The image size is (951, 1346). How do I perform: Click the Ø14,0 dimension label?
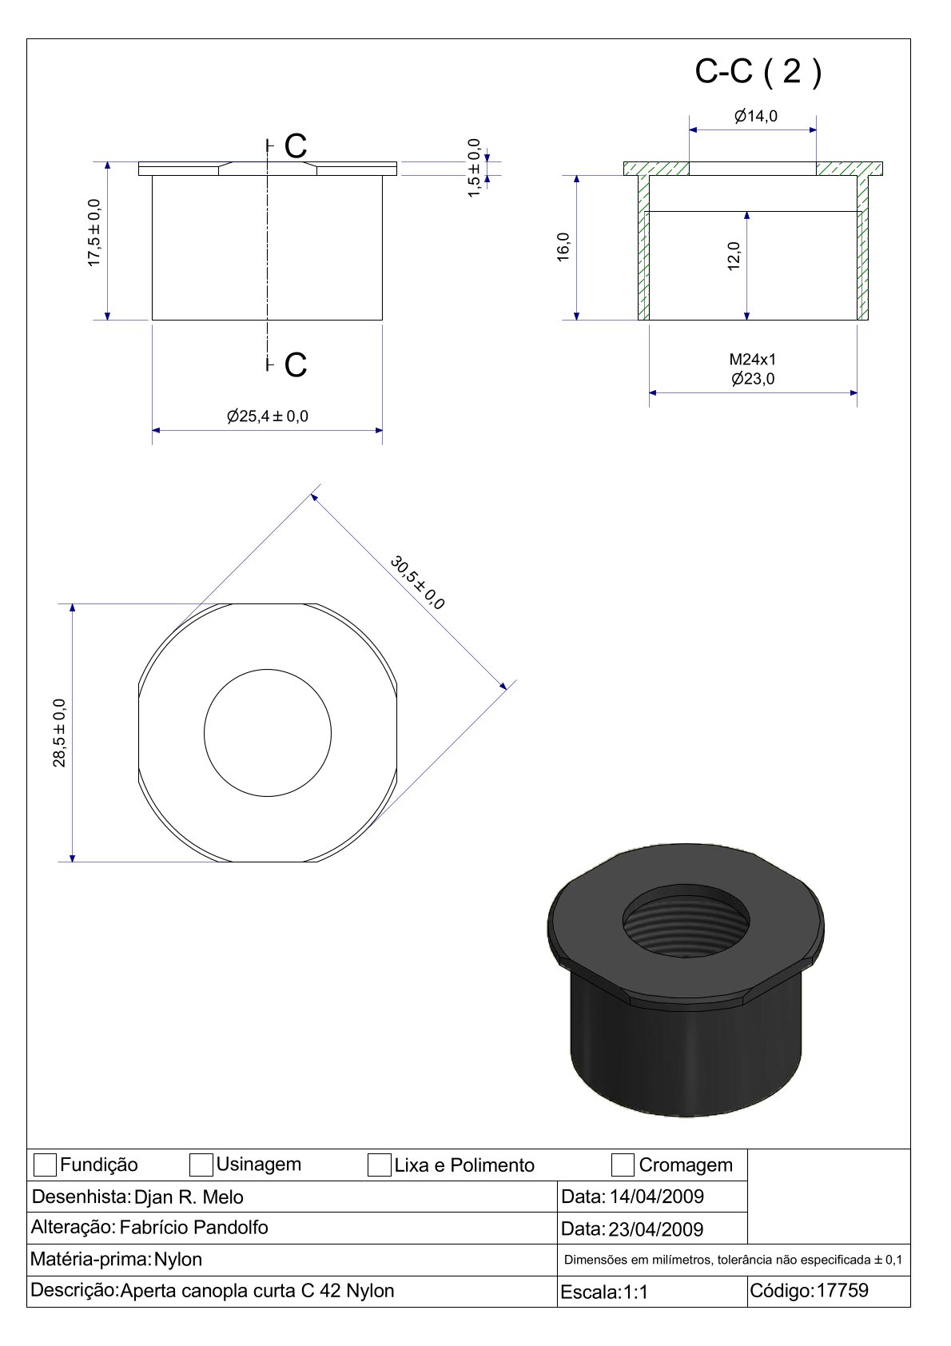click(755, 115)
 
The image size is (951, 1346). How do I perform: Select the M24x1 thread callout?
click(752, 360)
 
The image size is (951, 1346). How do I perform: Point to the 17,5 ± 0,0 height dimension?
click(94, 233)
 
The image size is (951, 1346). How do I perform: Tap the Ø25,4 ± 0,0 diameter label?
click(268, 416)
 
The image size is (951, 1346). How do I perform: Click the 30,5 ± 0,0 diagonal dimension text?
click(417, 582)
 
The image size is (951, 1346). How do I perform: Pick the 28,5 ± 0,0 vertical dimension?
click(59, 733)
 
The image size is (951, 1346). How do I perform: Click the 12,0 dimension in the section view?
click(734, 256)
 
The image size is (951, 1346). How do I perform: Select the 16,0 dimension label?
click(563, 247)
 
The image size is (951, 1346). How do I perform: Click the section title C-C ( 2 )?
click(758, 71)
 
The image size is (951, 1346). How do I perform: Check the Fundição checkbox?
click(45, 1165)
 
